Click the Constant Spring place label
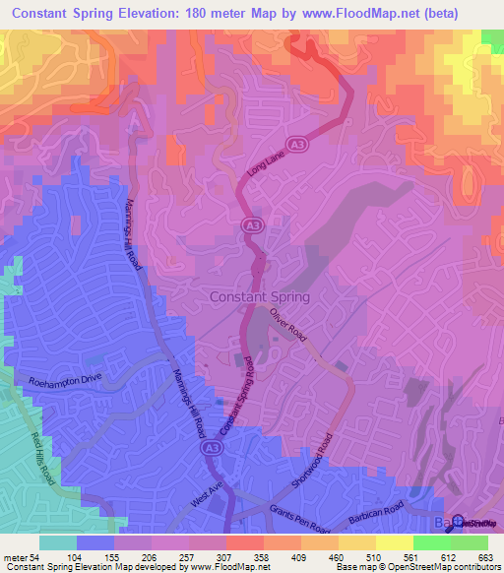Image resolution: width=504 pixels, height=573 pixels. tap(260, 296)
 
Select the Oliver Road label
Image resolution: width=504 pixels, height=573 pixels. tap(290, 325)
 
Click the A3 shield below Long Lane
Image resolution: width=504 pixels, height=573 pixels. tap(251, 225)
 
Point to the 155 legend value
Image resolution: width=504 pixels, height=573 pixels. tap(126, 557)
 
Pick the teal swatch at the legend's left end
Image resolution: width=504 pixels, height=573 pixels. tap(58, 542)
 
